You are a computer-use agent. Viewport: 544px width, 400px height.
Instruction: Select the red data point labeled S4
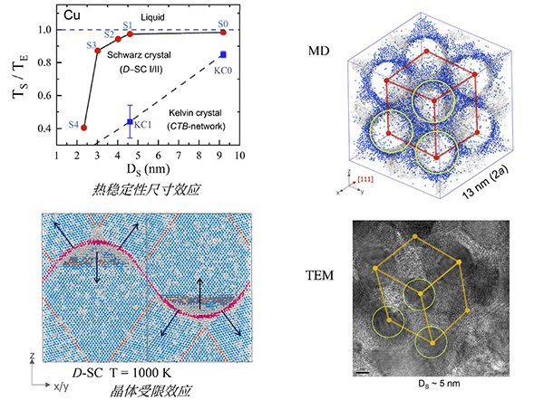[x=84, y=128]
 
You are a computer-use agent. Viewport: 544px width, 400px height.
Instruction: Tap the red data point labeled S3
[x=98, y=50]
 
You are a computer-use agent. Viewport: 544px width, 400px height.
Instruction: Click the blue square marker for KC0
[x=223, y=54]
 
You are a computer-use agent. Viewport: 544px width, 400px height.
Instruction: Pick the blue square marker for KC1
[x=131, y=121]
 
